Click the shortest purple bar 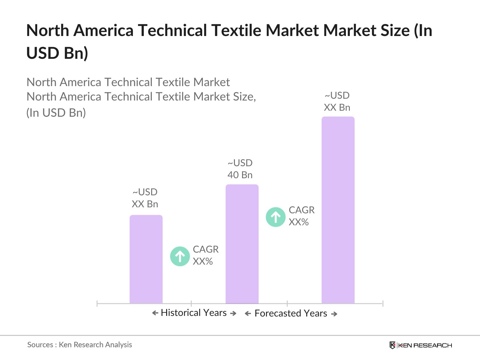(146, 259)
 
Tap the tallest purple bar (338, 210)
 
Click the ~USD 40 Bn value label (240, 169)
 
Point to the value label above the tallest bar (337, 101)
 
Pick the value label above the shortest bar (145, 198)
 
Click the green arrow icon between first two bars (180, 256)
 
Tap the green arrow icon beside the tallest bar (275, 217)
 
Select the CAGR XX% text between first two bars (205, 255)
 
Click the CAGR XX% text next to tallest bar (301, 216)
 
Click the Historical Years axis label (193, 313)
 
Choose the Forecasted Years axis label (291, 313)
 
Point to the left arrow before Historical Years (155, 313)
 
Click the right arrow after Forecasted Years (334, 314)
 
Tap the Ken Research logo (421, 345)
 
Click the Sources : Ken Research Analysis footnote (79, 345)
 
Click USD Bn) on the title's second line (57, 53)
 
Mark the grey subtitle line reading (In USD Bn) (56, 113)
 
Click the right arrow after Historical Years (233, 313)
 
